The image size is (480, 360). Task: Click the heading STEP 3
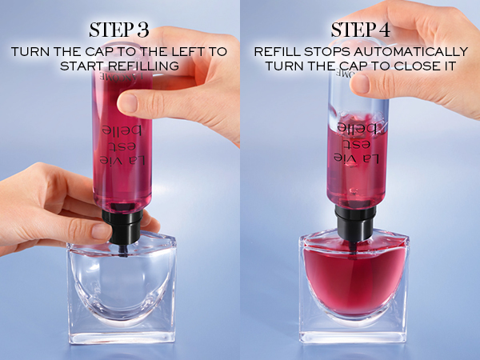[119, 30]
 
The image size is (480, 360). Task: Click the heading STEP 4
[360, 30]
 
